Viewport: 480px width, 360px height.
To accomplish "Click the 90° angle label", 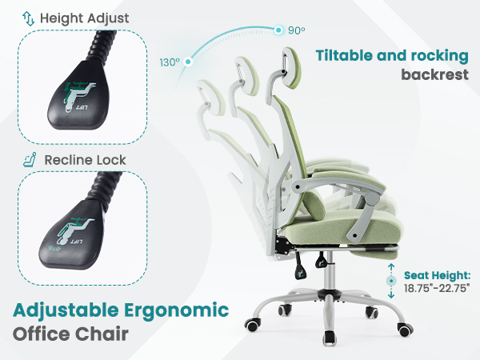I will coord(297,30).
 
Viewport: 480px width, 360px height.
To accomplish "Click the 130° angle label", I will coord(169,62).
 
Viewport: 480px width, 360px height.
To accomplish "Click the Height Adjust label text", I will coord(83,18).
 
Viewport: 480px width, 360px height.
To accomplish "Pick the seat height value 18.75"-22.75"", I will coord(437,288).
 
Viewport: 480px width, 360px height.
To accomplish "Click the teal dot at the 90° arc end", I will coord(278,30).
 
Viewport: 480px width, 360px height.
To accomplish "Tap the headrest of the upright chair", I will coord(286,70).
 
